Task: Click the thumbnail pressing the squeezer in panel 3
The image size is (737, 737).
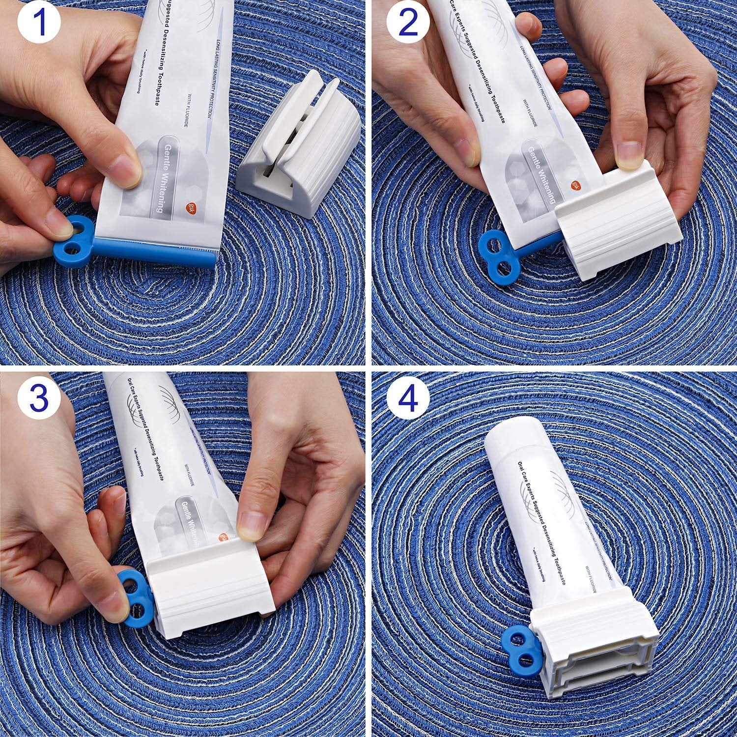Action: tap(254, 522)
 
